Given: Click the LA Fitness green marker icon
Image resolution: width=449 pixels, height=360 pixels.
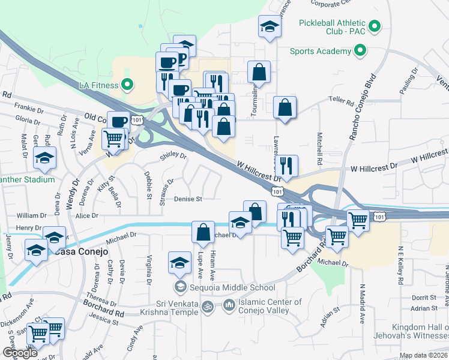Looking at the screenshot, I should [127, 85].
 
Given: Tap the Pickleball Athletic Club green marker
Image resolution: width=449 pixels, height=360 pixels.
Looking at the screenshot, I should [375, 26].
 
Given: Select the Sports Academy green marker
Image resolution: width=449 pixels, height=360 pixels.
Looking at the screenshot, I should [360, 51].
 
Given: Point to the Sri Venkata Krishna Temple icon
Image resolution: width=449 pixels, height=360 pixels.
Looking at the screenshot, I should [208, 306].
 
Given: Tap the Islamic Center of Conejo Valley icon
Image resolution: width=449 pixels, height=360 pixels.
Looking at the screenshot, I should [229, 306].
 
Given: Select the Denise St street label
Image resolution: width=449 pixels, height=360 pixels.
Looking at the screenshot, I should [188, 199].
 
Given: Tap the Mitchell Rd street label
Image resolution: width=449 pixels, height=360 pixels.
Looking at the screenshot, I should [320, 149].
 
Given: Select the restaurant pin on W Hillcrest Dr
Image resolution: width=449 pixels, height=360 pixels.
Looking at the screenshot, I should [286, 165].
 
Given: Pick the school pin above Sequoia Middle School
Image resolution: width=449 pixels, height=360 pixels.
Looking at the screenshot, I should [179, 262].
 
